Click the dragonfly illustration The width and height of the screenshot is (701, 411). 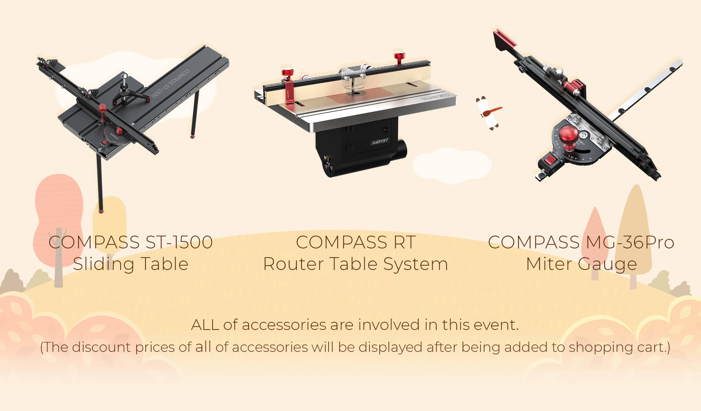click(x=489, y=113)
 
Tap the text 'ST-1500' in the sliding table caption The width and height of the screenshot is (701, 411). click(x=179, y=242)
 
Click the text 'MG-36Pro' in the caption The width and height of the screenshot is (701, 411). click(x=630, y=242)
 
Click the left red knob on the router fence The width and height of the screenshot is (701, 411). click(x=287, y=73)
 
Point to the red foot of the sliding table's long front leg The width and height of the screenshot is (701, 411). click(x=101, y=211)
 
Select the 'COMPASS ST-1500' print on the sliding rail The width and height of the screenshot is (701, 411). click(x=171, y=83)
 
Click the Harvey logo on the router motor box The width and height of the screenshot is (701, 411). click(x=380, y=141)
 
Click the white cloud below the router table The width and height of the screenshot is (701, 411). click(x=452, y=165)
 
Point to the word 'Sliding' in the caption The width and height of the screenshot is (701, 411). click(x=104, y=264)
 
